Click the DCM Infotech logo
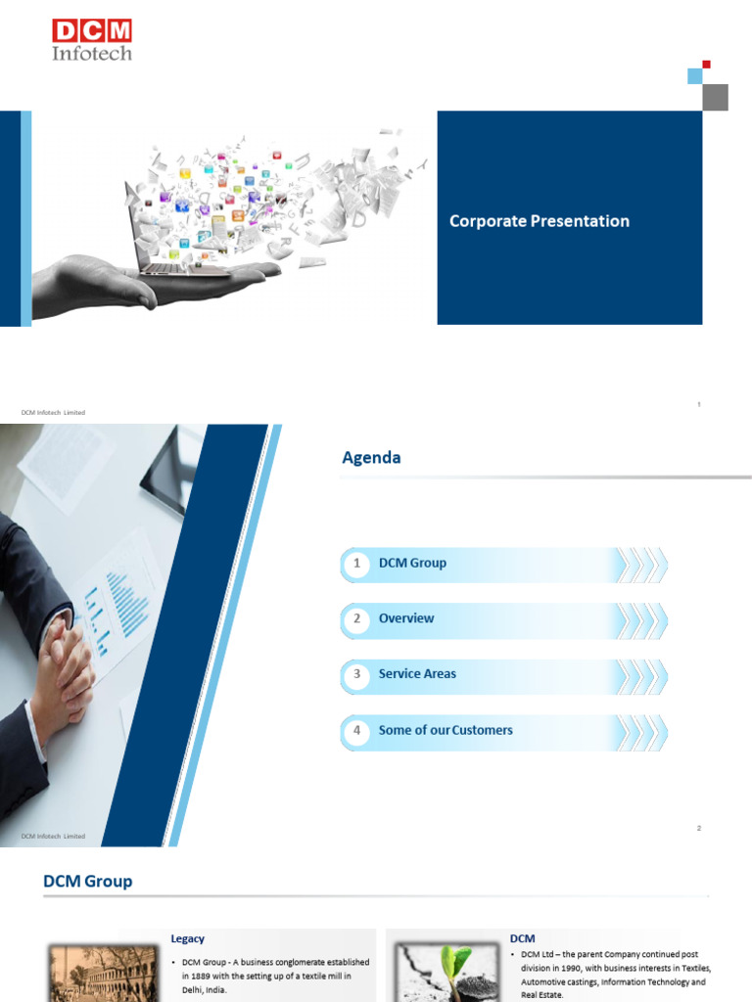coord(92,40)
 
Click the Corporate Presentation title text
coord(539,221)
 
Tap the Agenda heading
coord(371,457)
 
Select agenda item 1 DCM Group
coord(412,563)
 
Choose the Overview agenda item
coord(406,618)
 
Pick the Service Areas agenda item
coord(417,674)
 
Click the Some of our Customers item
coord(446,730)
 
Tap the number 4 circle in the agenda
coord(357,730)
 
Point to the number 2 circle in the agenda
coord(357,618)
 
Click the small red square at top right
coord(706,65)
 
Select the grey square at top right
coord(716,97)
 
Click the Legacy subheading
coord(188,938)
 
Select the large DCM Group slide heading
coord(87,882)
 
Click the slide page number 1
coord(699,404)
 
